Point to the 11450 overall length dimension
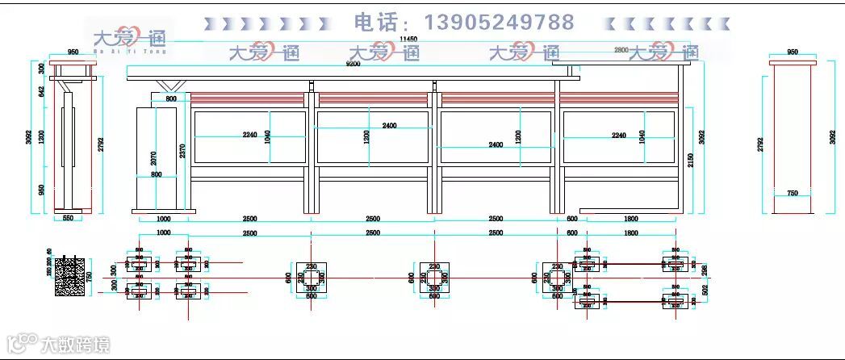pos(408,38)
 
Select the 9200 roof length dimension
pos(353,63)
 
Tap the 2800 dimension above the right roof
pos(621,50)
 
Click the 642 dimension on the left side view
pos(43,91)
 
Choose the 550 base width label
pos(68,218)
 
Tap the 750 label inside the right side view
pos(792,193)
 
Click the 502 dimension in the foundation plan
pos(704,290)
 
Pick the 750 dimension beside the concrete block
pos(90,277)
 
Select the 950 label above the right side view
pos(792,52)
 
